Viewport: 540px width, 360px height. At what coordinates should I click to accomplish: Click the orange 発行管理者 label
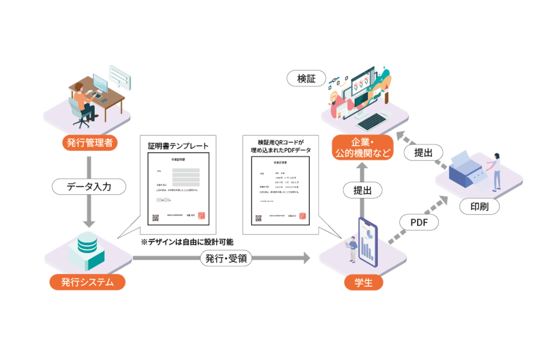pyautogui.click(x=90, y=143)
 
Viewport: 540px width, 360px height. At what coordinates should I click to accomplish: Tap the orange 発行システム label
pyautogui.click(x=87, y=282)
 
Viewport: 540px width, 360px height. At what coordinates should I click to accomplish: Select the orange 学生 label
pyautogui.click(x=363, y=282)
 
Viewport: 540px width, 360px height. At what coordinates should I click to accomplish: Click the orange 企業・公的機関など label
pyautogui.click(x=363, y=148)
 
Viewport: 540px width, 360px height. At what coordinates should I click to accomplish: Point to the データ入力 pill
pyautogui.click(x=89, y=186)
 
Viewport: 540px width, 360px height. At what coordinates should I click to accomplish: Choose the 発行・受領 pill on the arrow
pyautogui.click(x=226, y=258)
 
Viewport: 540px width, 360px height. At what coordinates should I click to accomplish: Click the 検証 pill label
pyautogui.click(x=306, y=78)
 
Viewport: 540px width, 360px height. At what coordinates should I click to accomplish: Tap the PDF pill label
pyautogui.click(x=419, y=222)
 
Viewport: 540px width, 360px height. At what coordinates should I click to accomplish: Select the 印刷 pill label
pyautogui.click(x=479, y=207)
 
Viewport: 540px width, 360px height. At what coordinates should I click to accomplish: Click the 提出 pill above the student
pyautogui.click(x=363, y=190)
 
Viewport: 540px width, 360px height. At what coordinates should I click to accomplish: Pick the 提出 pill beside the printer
pyautogui.click(x=423, y=153)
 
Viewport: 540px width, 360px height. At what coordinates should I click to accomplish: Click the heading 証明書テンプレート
pyautogui.click(x=178, y=146)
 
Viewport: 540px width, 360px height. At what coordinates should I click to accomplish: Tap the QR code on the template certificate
pyautogui.click(x=156, y=218)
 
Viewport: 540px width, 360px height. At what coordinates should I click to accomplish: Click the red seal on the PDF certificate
pyautogui.click(x=302, y=216)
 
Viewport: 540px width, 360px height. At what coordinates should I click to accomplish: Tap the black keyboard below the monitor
pyautogui.click(x=371, y=121)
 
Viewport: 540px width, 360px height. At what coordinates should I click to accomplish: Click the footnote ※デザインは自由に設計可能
pyautogui.click(x=187, y=242)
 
